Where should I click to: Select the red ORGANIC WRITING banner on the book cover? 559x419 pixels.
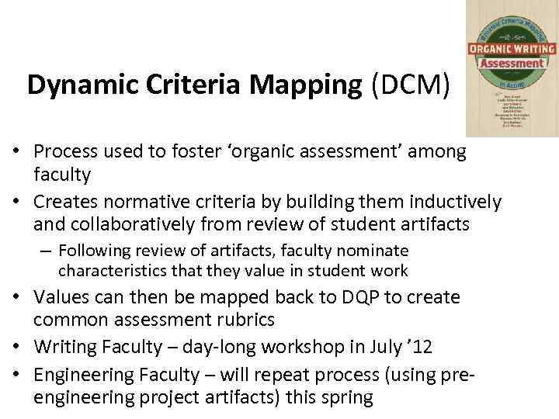(512, 48)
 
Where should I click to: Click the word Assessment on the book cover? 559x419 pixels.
(512, 63)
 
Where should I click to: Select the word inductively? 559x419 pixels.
(452, 203)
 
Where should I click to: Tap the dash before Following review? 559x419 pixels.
(48, 251)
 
